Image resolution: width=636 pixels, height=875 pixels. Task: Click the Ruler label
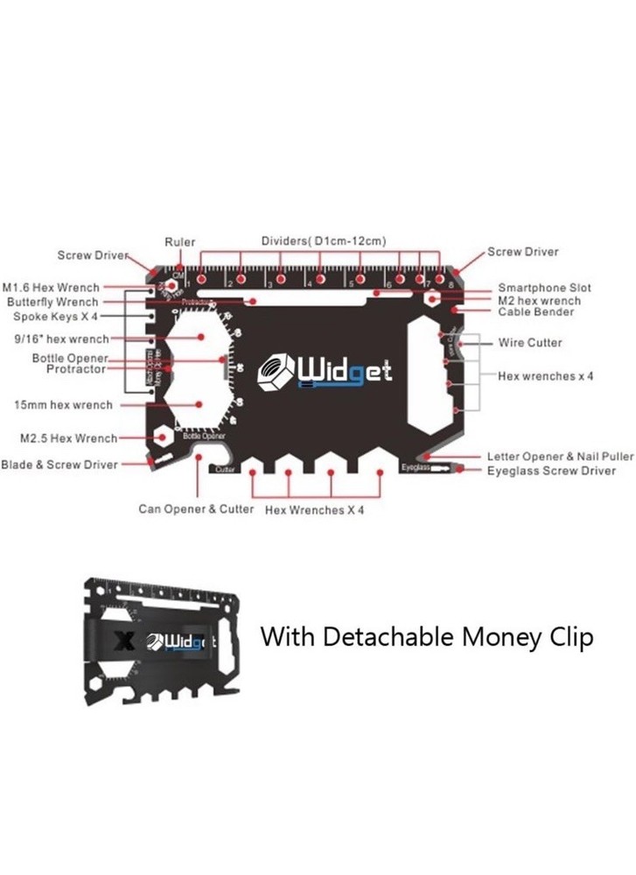coord(180,242)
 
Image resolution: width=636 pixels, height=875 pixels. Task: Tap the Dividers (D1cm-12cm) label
coord(324,241)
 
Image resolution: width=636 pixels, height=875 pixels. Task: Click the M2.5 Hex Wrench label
coord(68,437)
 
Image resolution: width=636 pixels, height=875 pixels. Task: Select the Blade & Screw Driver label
coord(59,465)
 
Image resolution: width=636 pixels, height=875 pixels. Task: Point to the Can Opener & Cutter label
coord(196,508)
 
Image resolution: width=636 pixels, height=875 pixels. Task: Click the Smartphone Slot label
coord(544,287)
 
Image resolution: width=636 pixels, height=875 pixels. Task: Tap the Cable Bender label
coord(535,311)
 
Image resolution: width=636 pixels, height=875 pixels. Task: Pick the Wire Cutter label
coord(530,342)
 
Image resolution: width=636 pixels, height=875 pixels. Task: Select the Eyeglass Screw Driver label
coord(551,471)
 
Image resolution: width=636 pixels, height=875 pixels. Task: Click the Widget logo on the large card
coord(325,372)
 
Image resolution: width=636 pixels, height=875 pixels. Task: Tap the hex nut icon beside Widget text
coord(276,372)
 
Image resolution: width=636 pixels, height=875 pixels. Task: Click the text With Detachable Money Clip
coord(427,636)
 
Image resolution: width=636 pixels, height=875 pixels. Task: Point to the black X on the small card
coord(123,642)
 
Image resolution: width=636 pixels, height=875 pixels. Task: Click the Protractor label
coord(75,369)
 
